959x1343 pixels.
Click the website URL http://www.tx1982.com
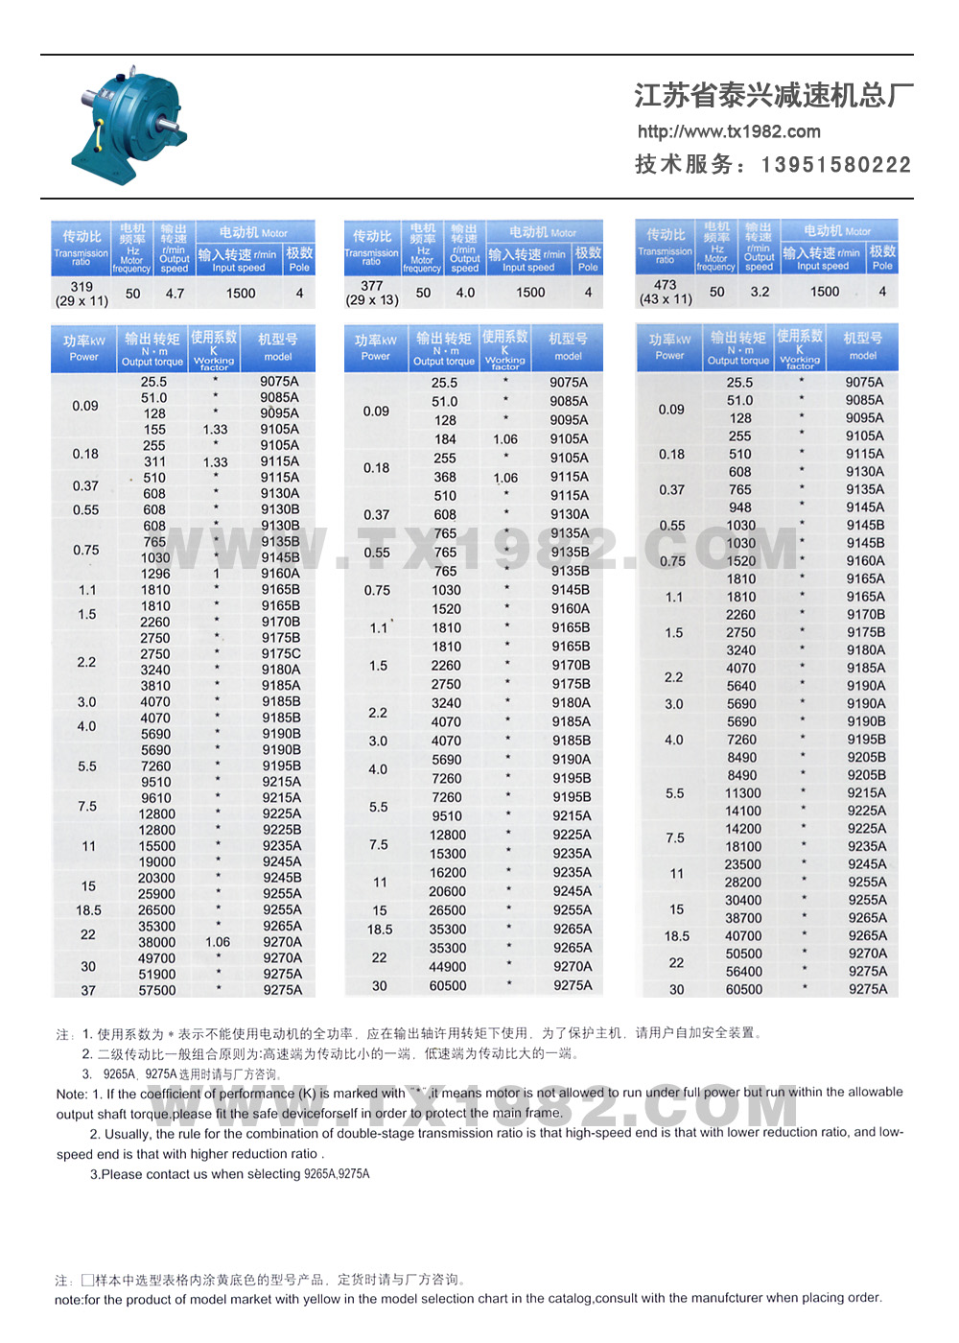click(x=729, y=131)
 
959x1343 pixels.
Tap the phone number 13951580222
click(x=836, y=165)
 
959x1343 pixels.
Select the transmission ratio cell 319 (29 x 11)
click(x=82, y=294)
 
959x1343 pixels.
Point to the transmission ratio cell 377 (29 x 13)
click(x=372, y=294)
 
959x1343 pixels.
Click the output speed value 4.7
click(x=175, y=294)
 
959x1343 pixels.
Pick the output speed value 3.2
click(x=760, y=292)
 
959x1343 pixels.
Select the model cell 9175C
click(x=281, y=653)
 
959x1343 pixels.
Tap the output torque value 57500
click(x=157, y=990)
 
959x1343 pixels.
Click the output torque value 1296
click(x=155, y=574)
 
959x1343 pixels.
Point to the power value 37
click(x=88, y=990)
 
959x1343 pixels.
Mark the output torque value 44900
click(x=448, y=967)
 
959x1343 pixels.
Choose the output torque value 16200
click(x=448, y=873)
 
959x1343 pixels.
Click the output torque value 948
click(x=740, y=507)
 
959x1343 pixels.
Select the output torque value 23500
click(x=743, y=864)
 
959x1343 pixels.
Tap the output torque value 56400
click(x=744, y=972)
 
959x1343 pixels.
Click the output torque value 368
click(x=445, y=477)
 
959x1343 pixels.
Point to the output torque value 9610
click(x=156, y=798)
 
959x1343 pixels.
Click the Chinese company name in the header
click(x=773, y=95)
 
